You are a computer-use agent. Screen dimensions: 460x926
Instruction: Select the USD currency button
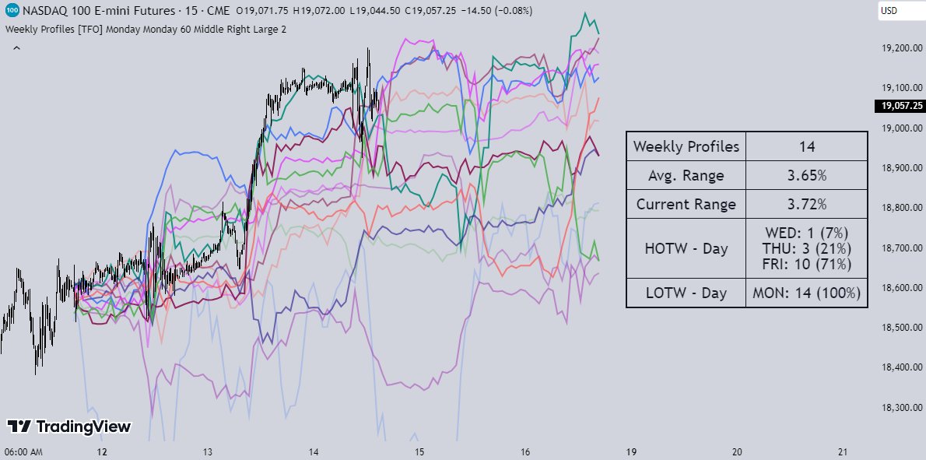click(889, 11)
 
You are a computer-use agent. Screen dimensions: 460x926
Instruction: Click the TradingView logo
click(69, 427)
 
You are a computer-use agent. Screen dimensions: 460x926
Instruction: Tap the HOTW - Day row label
click(686, 248)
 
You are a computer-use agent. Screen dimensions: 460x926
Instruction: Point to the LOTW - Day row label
click(686, 293)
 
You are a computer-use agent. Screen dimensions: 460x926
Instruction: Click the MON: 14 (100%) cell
click(806, 293)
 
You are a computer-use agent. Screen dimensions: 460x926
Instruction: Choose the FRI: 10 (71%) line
click(806, 265)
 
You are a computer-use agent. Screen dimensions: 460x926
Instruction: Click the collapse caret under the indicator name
click(16, 48)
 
